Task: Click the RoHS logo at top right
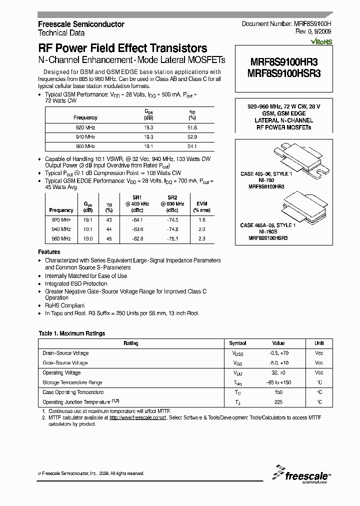tap(321, 42)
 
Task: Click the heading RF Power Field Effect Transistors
tap(122, 48)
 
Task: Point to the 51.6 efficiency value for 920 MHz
tap(192, 127)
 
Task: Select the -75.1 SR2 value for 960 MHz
tap(172, 239)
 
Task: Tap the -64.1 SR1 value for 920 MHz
tap(137, 220)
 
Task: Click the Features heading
tap(49, 252)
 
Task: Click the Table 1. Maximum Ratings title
tap(72, 333)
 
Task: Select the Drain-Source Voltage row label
tap(65, 353)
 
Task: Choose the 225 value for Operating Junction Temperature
tap(278, 402)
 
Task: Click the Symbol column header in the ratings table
tap(237, 343)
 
